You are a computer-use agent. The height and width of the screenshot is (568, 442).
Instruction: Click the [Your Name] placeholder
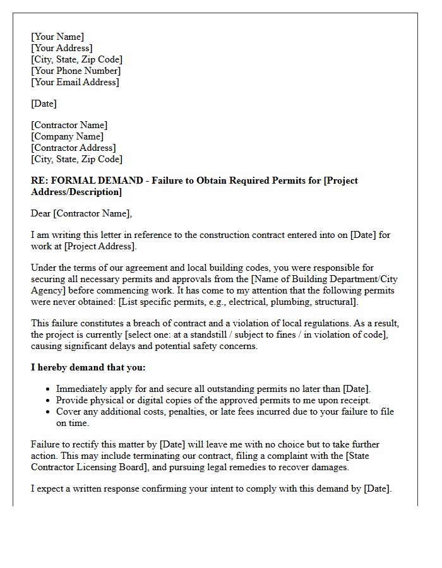click(57, 37)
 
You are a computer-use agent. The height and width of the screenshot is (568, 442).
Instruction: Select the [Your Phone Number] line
click(75, 71)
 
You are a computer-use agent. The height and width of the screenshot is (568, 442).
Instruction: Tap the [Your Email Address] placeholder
click(75, 82)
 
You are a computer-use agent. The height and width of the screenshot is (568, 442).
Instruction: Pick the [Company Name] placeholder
click(68, 136)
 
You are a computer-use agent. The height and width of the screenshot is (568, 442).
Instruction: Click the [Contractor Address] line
click(73, 148)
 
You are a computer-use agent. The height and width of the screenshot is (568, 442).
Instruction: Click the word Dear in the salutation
click(41, 213)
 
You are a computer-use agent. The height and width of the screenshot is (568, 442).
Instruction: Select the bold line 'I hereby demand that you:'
click(88, 367)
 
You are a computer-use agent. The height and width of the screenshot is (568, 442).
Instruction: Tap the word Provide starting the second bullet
click(73, 400)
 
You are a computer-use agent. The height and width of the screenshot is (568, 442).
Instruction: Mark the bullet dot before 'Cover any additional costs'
click(49, 411)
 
